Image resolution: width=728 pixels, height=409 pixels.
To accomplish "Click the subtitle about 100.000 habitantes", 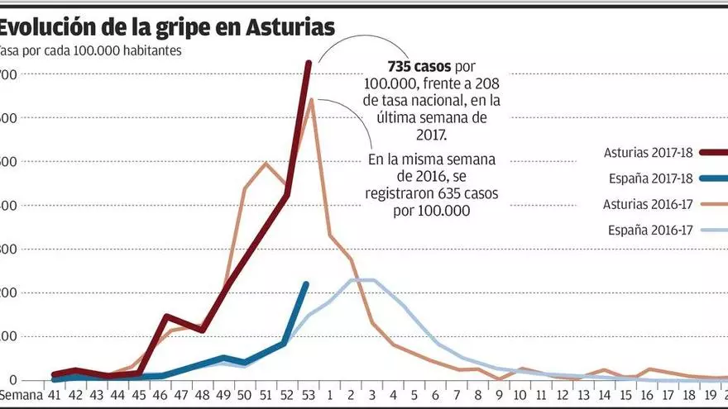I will (91, 50).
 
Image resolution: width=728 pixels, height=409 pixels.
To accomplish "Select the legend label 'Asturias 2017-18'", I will (648, 153).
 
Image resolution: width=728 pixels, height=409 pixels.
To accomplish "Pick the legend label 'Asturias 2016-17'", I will (648, 204).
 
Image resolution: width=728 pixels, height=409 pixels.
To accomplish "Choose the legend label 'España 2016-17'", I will (650, 231).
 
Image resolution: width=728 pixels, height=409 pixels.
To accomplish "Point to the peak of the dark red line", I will (309, 62).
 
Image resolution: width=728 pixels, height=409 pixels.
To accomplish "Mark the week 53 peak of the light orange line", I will (310, 100).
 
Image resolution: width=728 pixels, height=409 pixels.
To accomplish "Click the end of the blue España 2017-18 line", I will (307, 283).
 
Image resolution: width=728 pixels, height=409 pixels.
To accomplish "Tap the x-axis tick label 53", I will (308, 396).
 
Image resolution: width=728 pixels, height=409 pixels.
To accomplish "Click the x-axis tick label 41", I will (55, 396).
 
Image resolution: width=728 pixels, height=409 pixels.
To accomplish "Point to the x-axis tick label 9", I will (500, 396).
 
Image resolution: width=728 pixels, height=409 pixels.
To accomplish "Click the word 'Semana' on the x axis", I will (20, 396).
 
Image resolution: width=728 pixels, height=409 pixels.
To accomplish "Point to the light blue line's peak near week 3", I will (362, 280).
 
